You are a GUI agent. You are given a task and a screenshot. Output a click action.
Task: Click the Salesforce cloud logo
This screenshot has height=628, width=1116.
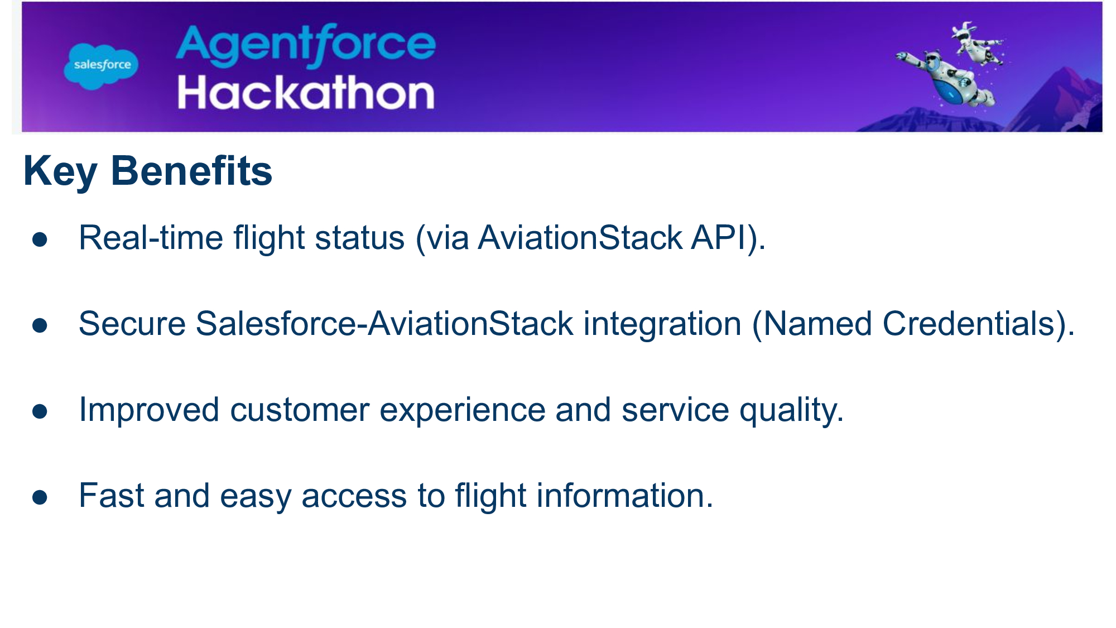click(101, 65)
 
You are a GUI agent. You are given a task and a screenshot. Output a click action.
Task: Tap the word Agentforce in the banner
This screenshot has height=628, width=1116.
click(306, 45)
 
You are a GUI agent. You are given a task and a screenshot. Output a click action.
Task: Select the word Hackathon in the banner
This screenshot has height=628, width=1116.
click(306, 93)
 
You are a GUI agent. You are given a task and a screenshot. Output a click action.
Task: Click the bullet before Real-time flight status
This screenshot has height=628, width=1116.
click(40, 239)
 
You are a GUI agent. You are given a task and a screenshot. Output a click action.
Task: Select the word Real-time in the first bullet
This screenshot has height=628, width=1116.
click(151, 238)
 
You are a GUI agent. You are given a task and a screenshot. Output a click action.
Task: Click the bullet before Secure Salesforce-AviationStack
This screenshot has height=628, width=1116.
click(40, 325)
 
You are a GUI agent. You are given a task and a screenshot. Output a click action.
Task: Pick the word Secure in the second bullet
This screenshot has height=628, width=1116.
click(132, 324)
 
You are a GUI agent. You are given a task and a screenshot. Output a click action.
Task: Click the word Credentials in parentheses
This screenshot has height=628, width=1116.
click(968, 324)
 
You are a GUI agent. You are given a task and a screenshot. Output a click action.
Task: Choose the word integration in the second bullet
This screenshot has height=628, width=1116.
click(662, 325)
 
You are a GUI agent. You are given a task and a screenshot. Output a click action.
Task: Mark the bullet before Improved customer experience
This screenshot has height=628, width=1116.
click(40, 411)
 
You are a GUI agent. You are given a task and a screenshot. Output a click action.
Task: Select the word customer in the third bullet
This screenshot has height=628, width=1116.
click(300, 410)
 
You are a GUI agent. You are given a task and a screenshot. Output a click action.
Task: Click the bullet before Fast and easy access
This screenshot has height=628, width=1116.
click(40, 497)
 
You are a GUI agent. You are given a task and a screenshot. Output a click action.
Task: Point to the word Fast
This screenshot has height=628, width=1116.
click(111, 496)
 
